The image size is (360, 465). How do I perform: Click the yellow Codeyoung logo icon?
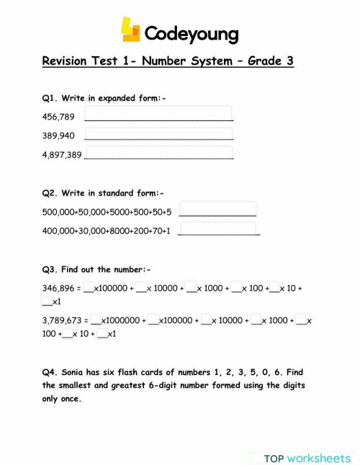point(130,31)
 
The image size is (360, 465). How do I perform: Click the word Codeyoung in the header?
point(191,34)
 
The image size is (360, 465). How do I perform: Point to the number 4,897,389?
point(62,154)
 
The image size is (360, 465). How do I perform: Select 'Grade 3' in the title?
point(270,62)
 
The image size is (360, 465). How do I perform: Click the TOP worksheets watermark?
point(306,458)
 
